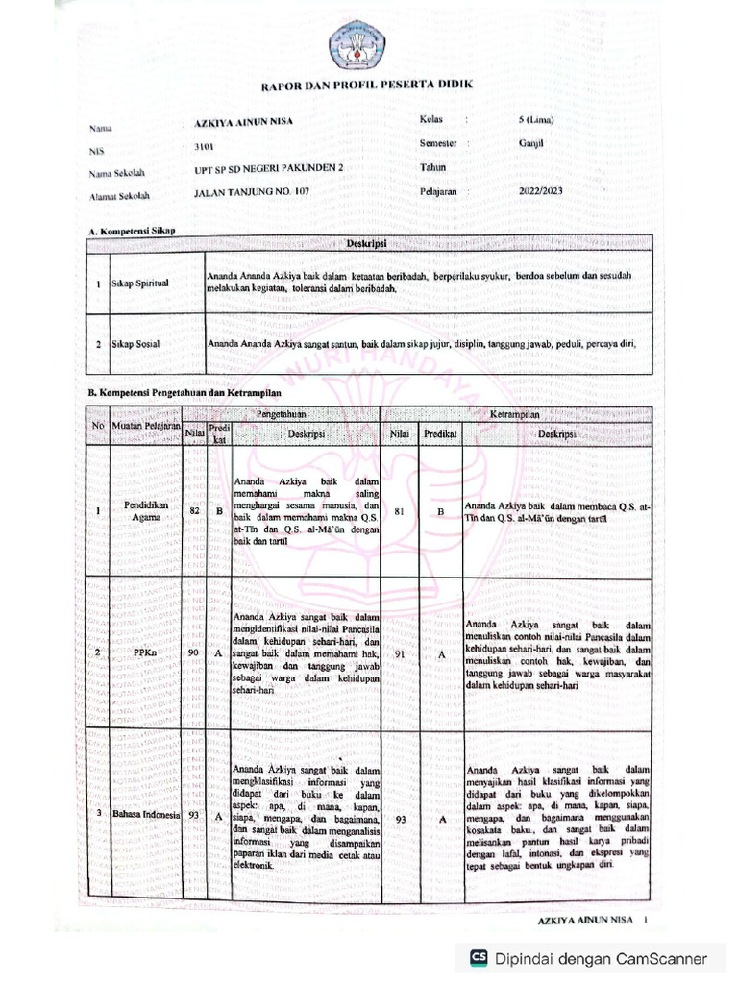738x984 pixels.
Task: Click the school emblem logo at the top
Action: point(357,43)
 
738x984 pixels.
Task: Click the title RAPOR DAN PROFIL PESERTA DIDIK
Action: point(368,86)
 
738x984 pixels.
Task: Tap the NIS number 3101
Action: point(204,147)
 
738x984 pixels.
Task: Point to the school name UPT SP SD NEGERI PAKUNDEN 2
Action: point(268,169)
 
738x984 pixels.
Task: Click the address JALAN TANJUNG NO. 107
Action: point(252,192)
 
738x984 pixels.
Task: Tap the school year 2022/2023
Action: point(541,191)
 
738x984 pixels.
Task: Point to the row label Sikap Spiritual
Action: point(139,284)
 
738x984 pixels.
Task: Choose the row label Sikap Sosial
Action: point(135,343)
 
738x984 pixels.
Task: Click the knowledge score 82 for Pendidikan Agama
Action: point(194,511)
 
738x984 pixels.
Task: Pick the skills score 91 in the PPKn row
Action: point(399,653)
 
